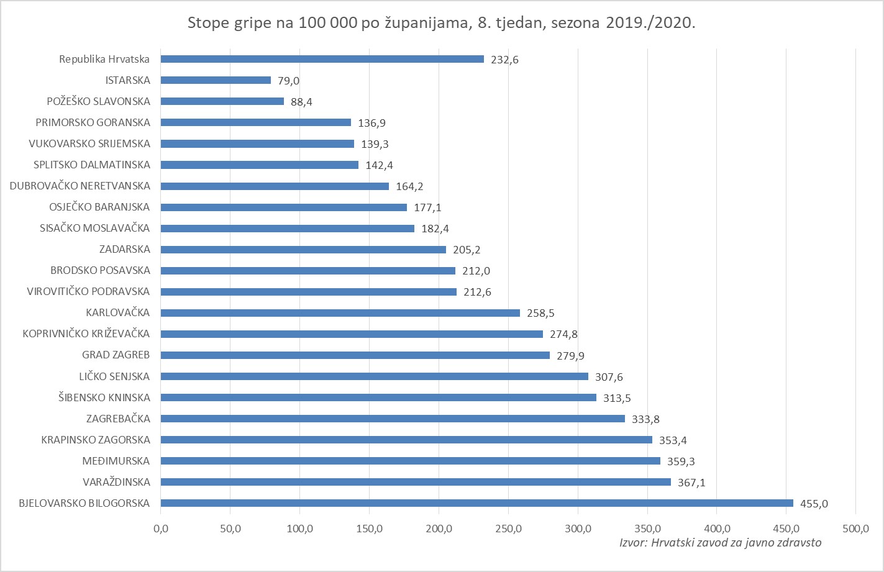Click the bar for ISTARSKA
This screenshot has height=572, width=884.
[216, 80]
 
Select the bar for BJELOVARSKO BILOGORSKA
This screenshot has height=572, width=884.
[476, 503]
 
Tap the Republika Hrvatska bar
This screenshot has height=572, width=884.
[322, 59]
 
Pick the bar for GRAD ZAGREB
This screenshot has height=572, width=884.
[355, 355]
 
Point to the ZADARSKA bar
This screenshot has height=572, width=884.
[303, 250]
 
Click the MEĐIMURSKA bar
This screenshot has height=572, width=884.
[410, 461]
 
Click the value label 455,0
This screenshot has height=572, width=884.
[814, 504]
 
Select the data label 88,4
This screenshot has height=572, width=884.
[301, 102]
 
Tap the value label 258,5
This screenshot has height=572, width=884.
[540, 313]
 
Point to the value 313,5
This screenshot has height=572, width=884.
[617, 398]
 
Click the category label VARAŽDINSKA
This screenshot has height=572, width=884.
[116, 482]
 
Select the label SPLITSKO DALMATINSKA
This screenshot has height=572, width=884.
[92, 165]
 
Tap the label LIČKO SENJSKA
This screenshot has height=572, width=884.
[114, 376]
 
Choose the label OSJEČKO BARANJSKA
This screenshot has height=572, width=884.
[99, 207]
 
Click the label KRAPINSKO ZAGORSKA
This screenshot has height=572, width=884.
[96, 440]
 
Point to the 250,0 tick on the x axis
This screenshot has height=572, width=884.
[508, 529]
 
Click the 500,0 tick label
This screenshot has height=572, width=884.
[855, 529]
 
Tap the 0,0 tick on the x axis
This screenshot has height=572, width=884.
[161, 529]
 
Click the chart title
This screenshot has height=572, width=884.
[441, 24]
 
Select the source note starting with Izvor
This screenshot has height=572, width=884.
[720, 543]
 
